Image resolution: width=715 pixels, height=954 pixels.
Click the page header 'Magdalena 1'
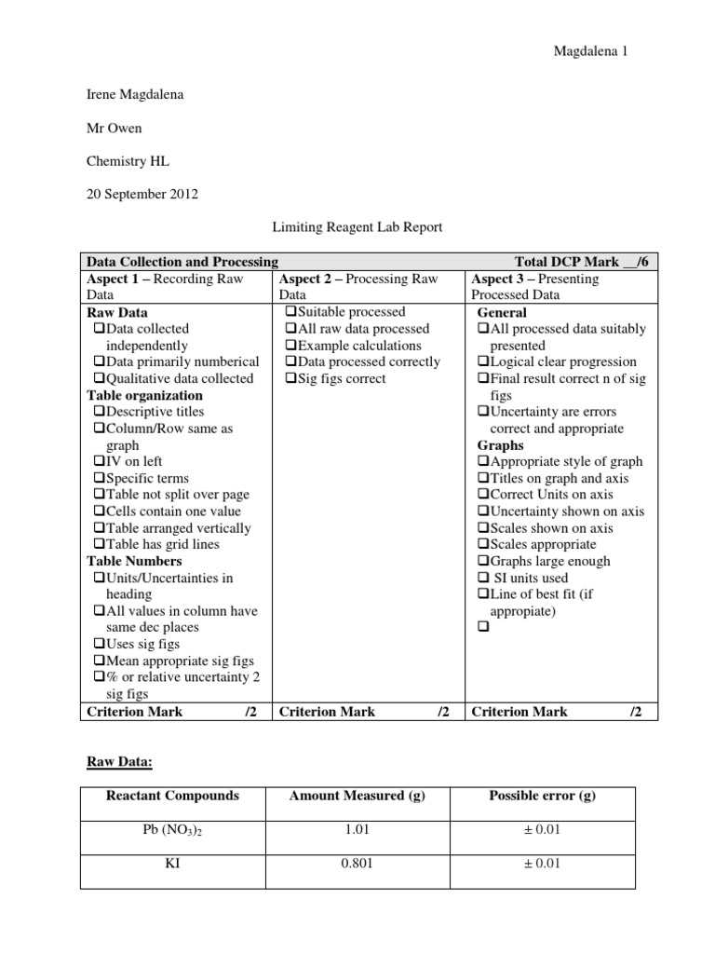(590, 52)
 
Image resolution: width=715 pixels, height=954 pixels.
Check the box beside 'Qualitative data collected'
(99, 379)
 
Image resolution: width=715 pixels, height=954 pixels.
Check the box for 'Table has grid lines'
(99, 545)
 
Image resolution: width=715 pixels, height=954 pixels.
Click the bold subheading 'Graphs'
(500, 445)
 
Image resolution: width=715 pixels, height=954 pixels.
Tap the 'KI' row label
(172, 864)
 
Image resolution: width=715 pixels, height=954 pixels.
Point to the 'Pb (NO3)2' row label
(172, 830)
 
